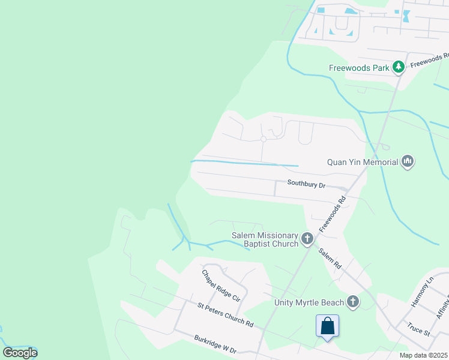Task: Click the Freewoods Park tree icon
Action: point(398,67)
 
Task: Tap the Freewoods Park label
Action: point(359,68)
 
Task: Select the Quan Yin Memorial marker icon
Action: point(408,161)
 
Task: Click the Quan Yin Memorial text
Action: point(363,162)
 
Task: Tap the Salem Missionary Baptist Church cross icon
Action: point(307,239)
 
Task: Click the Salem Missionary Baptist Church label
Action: point(265,239)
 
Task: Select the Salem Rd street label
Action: point(330,258)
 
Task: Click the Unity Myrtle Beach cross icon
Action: point(352,302)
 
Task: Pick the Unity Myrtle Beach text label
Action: point(309,302)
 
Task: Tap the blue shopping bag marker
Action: point(328,326)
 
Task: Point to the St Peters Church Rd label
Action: point(225,314)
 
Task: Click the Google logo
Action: point(20,353)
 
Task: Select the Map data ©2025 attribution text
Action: point(423,355)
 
